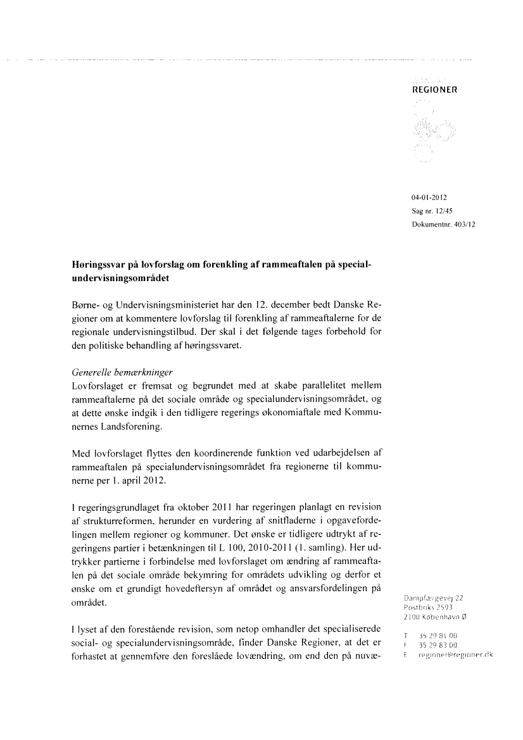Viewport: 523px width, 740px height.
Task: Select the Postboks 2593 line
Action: click(429, 607)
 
